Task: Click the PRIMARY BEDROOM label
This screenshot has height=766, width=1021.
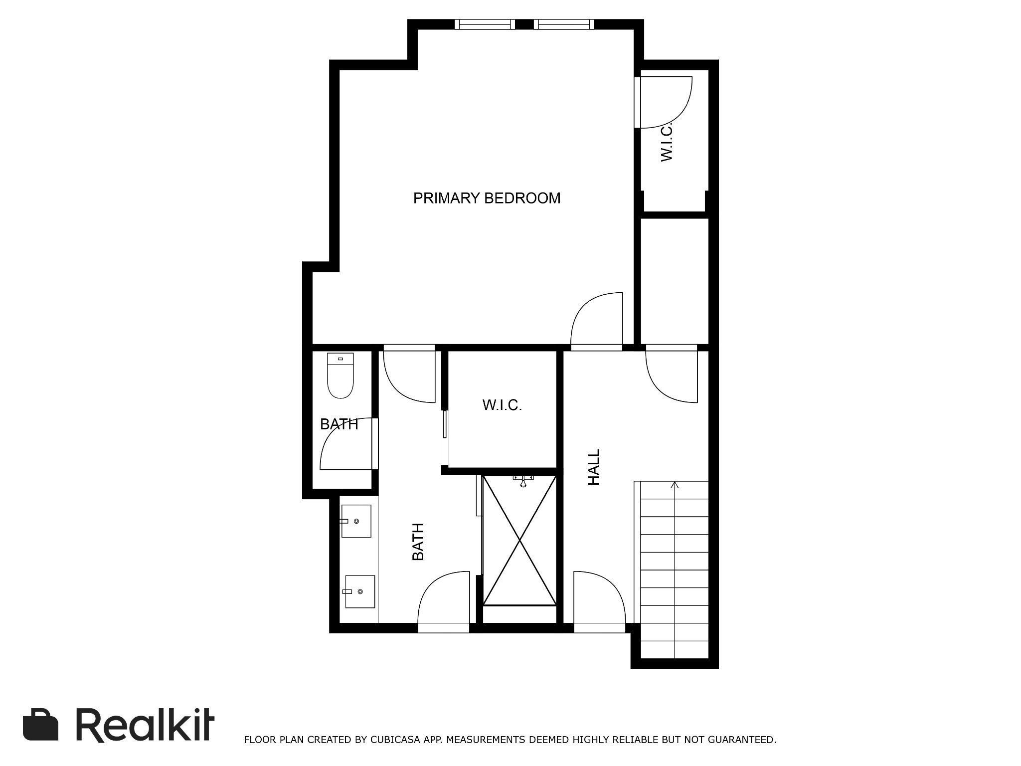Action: point(487,198)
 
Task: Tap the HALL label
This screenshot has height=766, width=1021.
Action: point(594,467)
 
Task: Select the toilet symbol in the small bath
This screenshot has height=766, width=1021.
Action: point(340,376)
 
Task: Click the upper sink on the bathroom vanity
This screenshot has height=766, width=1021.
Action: point(356,521)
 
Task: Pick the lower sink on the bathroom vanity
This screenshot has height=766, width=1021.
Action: point(359,591)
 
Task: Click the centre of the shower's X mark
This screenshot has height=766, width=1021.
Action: point(519,541)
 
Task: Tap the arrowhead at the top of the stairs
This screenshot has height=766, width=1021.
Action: point(675,485)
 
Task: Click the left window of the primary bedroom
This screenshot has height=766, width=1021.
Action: point(485,24)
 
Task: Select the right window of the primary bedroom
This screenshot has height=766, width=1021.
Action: point(564,24)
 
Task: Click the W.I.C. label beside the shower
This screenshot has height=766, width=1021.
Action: point(502,405)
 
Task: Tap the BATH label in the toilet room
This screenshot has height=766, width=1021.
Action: point(339,424)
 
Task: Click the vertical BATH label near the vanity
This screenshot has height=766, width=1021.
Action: point(418,542)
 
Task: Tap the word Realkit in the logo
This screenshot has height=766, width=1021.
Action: point(145,725)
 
